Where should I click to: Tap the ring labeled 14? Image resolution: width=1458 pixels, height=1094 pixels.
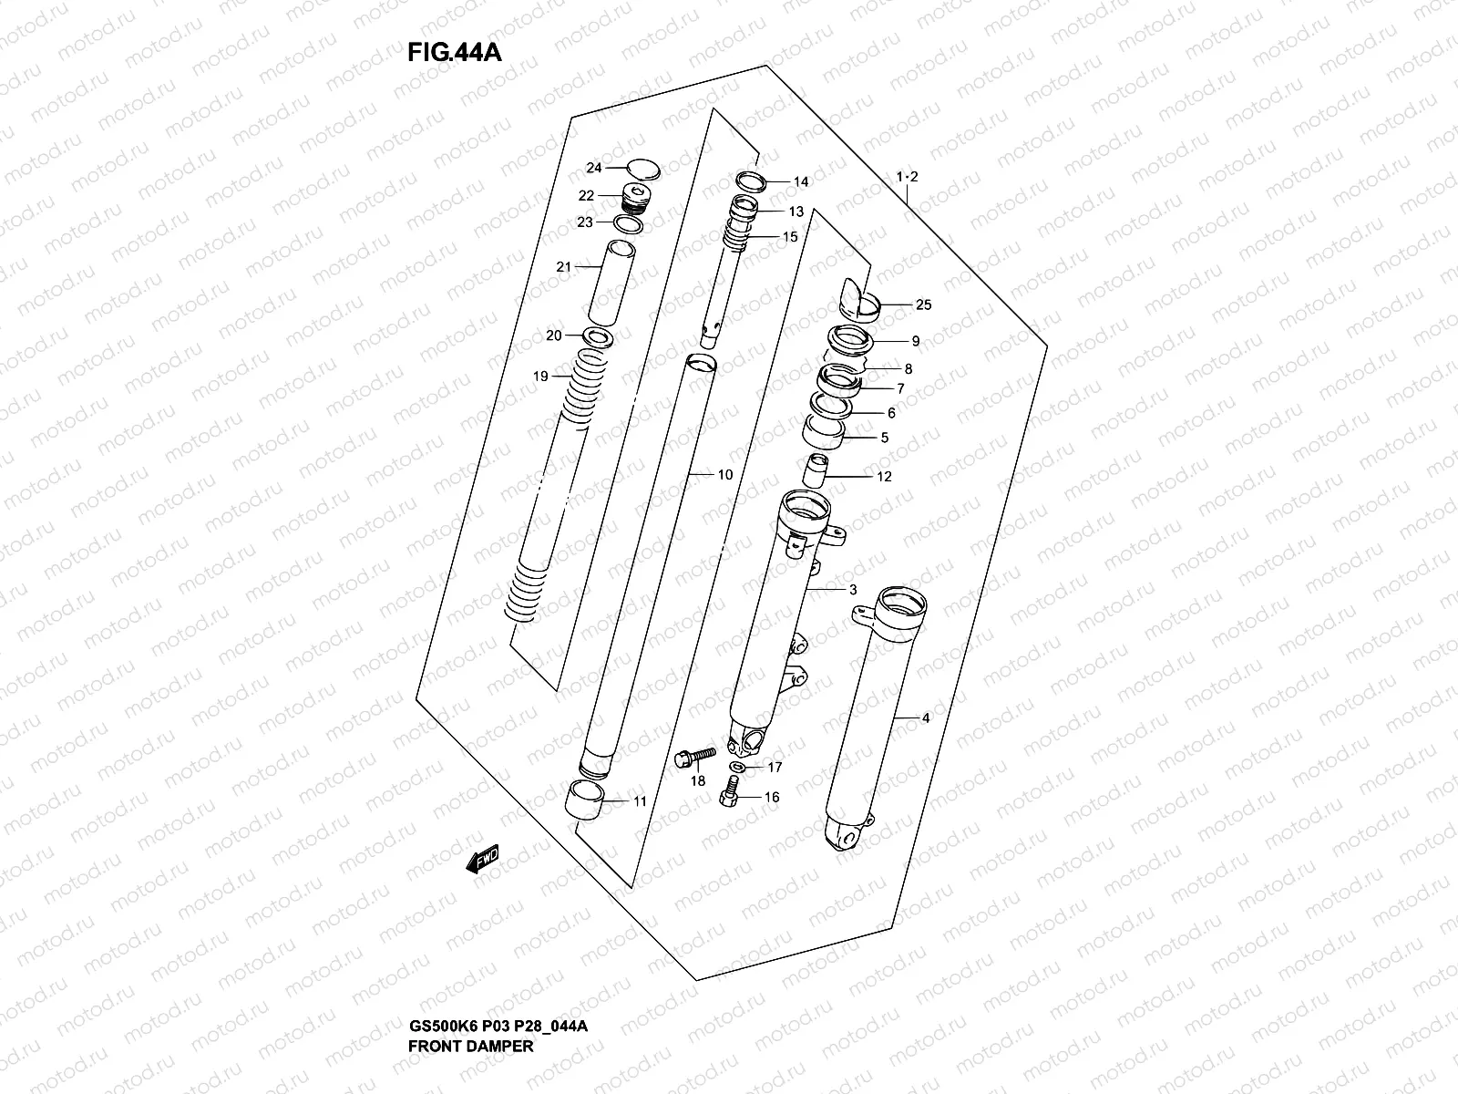(752, 180)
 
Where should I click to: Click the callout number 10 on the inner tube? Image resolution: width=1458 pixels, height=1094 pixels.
(725, 475)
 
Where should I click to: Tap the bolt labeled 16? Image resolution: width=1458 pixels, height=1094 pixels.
(728, 794)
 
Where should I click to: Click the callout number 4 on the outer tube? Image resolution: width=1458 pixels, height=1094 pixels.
(925, 718)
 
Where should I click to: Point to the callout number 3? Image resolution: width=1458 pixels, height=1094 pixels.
(853, 590)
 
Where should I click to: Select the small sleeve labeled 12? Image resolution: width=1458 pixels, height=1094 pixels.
(813, 471)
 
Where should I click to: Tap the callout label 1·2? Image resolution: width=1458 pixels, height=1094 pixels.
(906, 176)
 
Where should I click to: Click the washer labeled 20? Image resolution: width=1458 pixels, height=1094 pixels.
(595, 338)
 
